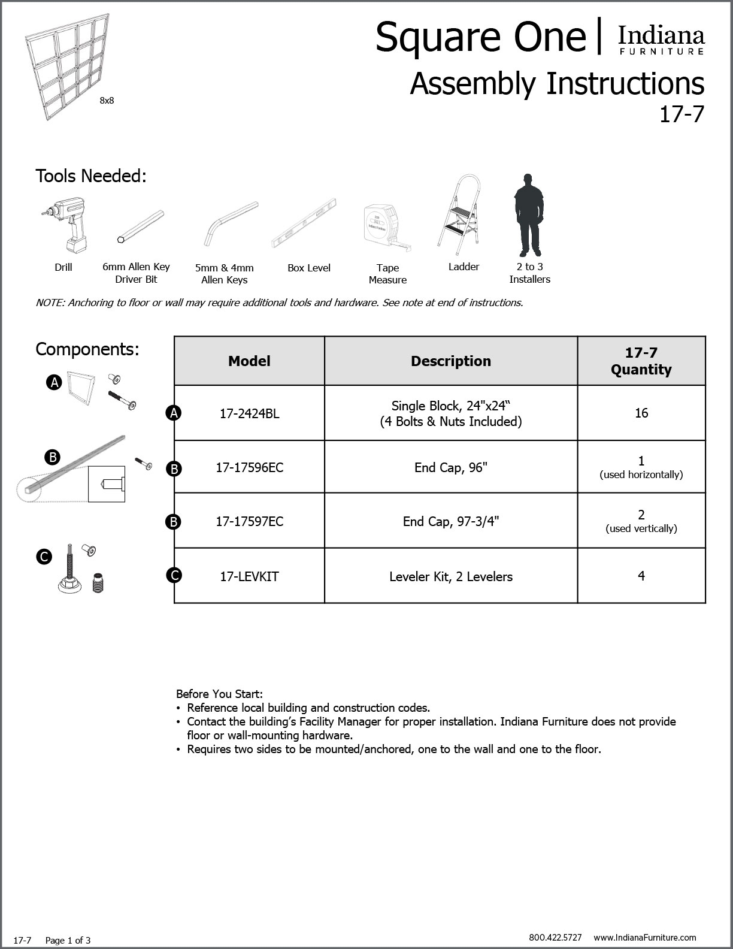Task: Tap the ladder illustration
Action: click(459, 212)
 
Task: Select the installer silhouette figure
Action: click(528, 215)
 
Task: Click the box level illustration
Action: click(304, 223)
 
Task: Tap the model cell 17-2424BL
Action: click(249, 413)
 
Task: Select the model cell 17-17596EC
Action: click(249, 467)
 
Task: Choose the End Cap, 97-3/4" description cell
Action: click(450, 521)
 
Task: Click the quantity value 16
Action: click(641, 413)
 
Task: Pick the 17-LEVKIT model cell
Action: click(249, 576)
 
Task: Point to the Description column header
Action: click(450, 361)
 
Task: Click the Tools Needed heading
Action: click(91, 176)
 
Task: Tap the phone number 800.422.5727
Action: click(555, 938)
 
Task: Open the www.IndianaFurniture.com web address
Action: click(645, 938)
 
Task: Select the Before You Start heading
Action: click(219, 694)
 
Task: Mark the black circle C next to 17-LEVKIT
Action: click(174, 576)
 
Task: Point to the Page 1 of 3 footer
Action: click(68, 941)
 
